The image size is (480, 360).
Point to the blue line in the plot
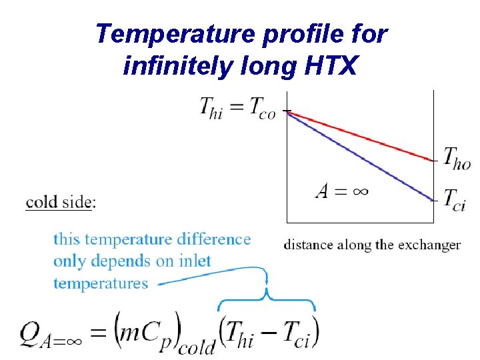pos(360,156)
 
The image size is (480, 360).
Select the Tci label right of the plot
pos(455,199)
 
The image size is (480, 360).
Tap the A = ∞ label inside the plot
pos(342,192)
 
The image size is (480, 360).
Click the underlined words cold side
pos(59,202)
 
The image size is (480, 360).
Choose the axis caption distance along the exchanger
pos(372,245)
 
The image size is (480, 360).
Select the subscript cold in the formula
pos(199,346)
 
